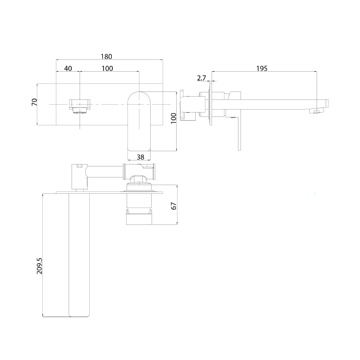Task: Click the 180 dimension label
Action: point(106,56)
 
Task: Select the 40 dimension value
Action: point(68,68)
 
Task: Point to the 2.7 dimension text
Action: point(202,78)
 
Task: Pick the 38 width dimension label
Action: point(141,157)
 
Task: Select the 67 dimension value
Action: point(173,206)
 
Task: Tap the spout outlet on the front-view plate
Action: point(80,105)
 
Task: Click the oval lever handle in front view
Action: point(139,121)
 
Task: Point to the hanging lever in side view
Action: point(239,133)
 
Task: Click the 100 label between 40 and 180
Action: point(107,68)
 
